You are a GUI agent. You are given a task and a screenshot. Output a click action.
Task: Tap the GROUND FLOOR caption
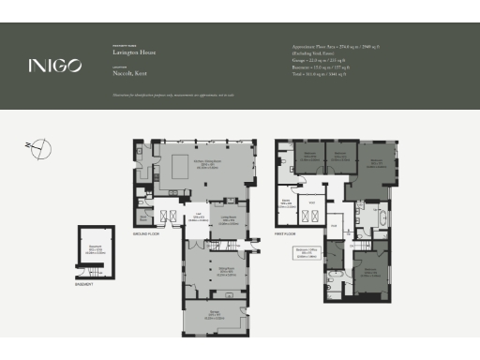coord(146,233)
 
